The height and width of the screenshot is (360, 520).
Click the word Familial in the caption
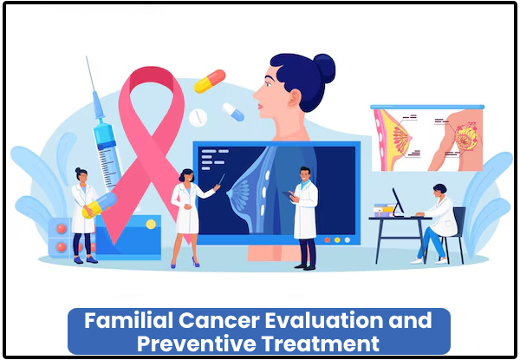click(128, 320)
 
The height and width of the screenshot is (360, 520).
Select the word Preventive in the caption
click(197, 344)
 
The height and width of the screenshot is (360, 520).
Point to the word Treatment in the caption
click(320, 344)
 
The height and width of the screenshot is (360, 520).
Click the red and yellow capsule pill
click(210, 81)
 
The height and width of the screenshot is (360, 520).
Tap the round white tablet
click(198, 117)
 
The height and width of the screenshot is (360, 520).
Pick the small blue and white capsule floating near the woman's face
click(233, 112)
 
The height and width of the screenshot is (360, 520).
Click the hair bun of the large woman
click(324, 68)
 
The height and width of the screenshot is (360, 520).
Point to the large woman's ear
click(294, 98)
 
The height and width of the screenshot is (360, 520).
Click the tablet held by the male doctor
click(287, 195)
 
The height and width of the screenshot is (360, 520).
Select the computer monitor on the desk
click(398, 202)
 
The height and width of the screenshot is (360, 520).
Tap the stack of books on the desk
click(384, 210)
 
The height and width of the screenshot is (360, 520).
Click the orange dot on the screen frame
click(328, 240)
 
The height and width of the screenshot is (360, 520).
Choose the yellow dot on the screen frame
click(337, 240)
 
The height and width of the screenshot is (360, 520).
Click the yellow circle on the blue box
click(151, 225)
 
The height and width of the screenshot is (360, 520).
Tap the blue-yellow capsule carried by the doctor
click(100, 206)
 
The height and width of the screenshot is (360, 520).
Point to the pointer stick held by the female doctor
click(221, 180)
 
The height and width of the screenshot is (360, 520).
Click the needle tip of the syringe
click(86, 56)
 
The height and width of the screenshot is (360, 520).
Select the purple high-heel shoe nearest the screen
click(195, 262)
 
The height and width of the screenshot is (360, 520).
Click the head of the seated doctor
click(440, 191)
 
